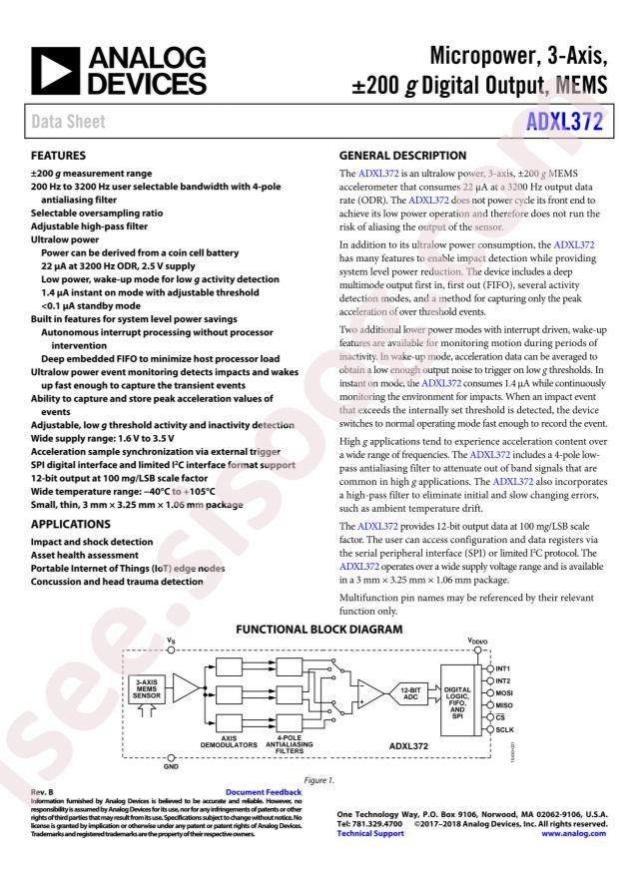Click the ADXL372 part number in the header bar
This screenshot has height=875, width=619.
[x=565, y=122]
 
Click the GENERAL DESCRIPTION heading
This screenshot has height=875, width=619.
[x=401, y=157]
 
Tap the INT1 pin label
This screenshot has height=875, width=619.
[x=505, y=666]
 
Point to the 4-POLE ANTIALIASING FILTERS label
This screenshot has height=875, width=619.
[x=297, y=744]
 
